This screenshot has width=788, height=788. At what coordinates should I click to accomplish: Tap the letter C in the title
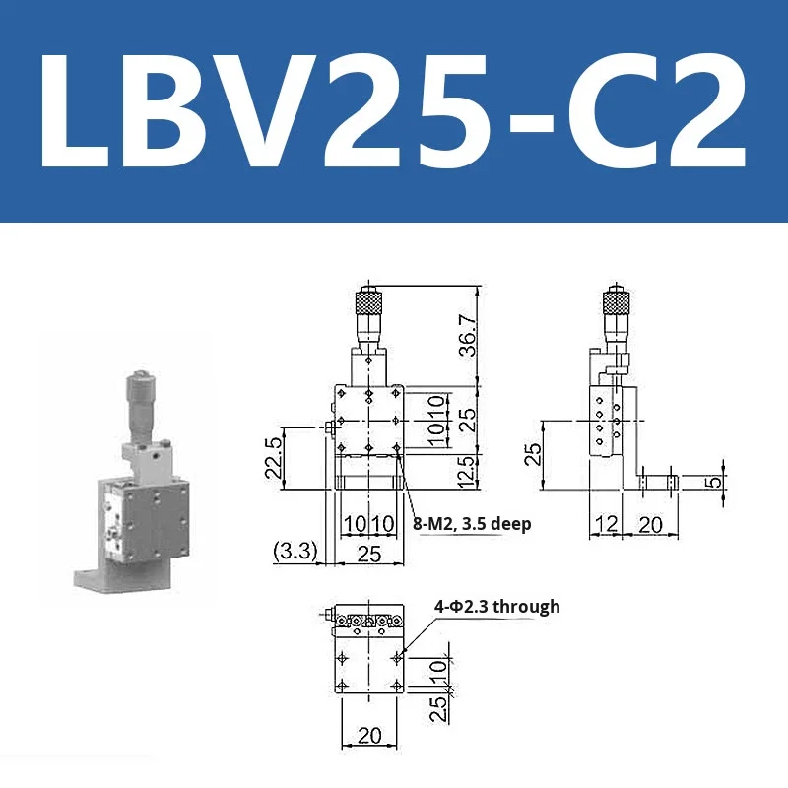(611, 110)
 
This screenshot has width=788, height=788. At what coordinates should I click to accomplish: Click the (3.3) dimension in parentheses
(295, 551)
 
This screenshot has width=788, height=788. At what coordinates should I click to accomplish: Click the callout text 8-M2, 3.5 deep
(472, 524)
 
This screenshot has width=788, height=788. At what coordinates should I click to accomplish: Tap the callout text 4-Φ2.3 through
(497, 607)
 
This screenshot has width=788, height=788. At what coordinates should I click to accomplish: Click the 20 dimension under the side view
(650, 524)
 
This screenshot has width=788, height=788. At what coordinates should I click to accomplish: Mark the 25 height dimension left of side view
(532, 453)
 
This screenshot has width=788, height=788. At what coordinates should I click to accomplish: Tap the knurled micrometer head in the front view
(367, 298)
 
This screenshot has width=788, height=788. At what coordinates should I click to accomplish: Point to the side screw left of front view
(326, 427)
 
